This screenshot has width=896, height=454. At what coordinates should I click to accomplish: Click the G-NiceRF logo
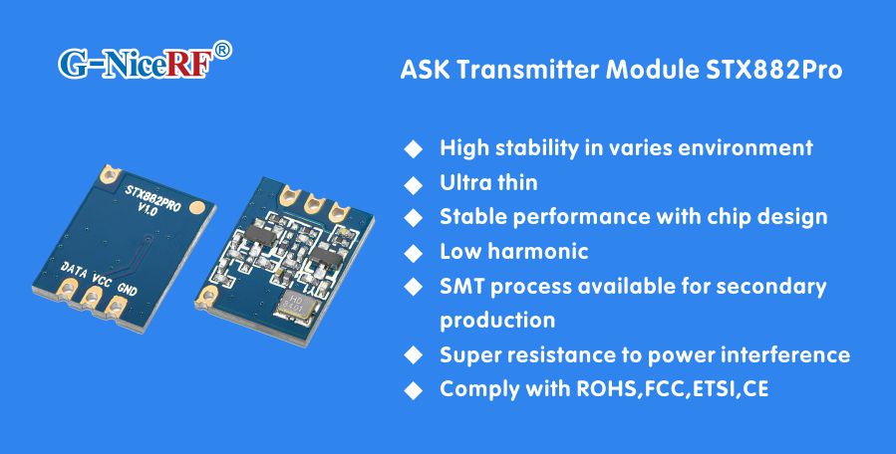134,64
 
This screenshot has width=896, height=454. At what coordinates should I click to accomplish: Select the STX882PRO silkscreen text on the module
151,191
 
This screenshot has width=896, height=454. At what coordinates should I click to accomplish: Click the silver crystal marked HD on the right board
296,305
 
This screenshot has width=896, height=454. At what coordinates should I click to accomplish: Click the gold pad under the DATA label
69,291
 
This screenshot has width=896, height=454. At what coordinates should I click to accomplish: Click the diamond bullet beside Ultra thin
412,183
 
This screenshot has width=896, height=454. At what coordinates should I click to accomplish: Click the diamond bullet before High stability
412,148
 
